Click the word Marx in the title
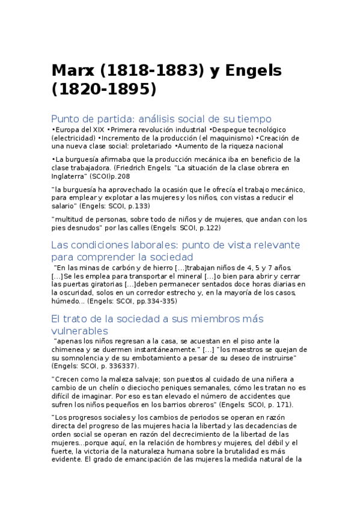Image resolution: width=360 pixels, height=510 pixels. click(72, 70)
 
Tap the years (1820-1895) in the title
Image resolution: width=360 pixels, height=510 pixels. click(103, 90)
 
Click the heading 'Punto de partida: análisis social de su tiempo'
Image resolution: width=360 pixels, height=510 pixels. click(161, 118)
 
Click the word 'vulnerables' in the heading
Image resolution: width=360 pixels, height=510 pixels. click(80, 331)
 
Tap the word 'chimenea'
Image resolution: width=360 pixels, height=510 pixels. click(70, 349)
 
